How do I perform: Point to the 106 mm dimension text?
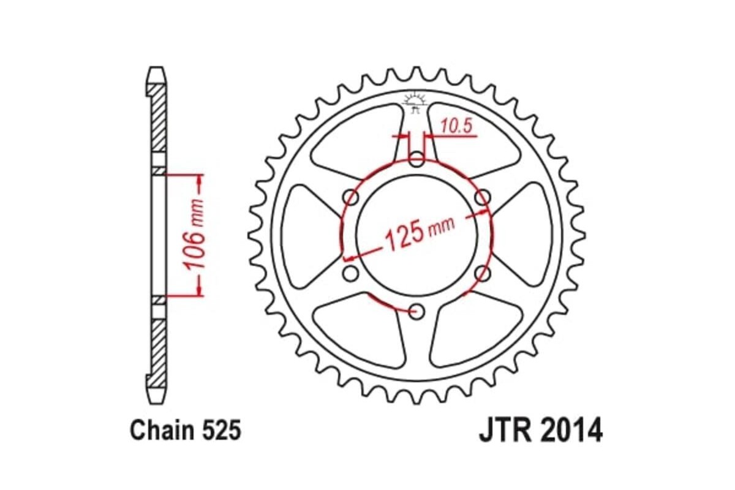[195, 235]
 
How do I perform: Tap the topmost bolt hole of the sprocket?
[417, 161]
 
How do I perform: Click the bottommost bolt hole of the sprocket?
[417, 312]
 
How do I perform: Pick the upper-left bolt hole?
[352, 198]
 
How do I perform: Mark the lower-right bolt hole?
[482, 274]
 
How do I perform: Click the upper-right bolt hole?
[483, 197]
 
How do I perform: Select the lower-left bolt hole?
[351, 274]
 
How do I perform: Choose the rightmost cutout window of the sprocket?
[529, 236]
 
